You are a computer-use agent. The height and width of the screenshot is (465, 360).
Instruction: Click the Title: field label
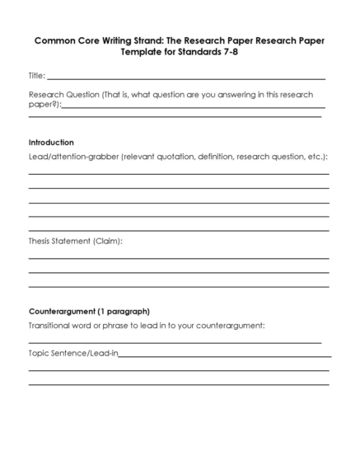[37, 75]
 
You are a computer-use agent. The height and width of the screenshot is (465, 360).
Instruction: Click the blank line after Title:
[186, 77]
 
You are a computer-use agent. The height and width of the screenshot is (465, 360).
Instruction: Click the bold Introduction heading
[51, 142]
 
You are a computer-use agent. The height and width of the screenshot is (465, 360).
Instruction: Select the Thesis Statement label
[58, 241]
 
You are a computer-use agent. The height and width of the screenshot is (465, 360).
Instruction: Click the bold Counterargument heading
[62, 312]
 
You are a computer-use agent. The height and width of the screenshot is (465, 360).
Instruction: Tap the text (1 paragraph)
[124, 312]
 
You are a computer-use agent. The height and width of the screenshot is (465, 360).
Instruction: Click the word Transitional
[52, 326]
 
